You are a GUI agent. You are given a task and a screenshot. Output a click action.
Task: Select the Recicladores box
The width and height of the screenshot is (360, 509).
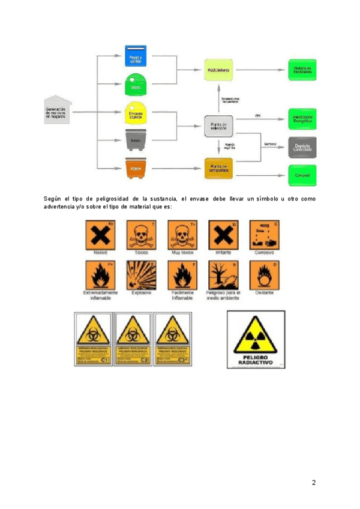[x=218, y=70]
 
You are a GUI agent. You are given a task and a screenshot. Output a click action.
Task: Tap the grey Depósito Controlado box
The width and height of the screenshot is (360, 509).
[x=302, y=146]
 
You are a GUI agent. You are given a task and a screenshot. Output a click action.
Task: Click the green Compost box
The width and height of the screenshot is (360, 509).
[x=302, y=175]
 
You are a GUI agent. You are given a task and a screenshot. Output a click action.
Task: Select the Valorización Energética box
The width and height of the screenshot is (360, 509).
[x=302, y=118]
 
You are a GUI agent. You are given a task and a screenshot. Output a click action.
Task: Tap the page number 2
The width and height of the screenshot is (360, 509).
[x=313, y=483]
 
